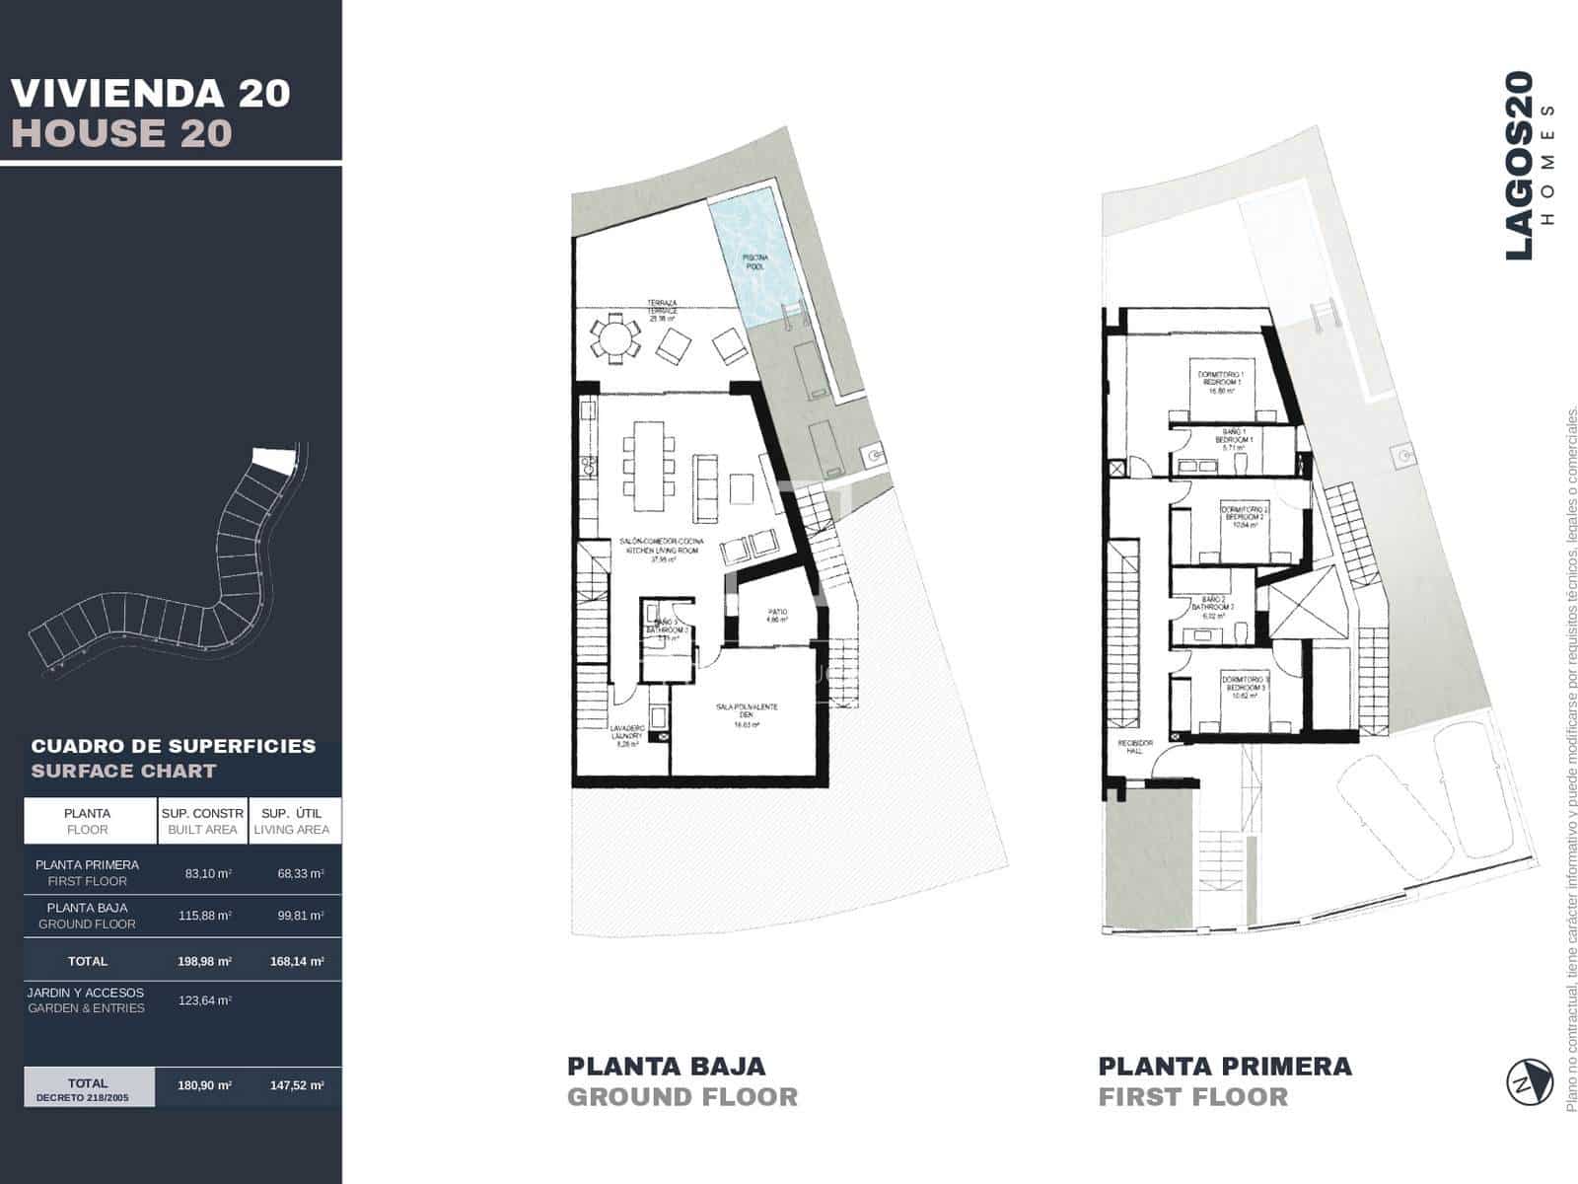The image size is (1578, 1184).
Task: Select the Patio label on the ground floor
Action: pos(778,617)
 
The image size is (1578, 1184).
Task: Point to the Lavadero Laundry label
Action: pos(627,736)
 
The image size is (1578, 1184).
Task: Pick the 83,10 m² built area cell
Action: pos(208,873)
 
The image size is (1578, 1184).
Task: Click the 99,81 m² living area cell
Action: pos(300,916)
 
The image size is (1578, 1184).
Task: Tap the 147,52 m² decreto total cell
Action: pos(296,1085)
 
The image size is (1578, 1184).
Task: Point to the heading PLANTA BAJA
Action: pos(666,1067)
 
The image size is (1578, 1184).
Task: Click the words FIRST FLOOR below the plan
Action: pos(1193,1097)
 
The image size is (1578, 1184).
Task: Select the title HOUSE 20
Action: pos(121,133)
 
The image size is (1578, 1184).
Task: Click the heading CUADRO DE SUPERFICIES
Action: pos(174,746)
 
